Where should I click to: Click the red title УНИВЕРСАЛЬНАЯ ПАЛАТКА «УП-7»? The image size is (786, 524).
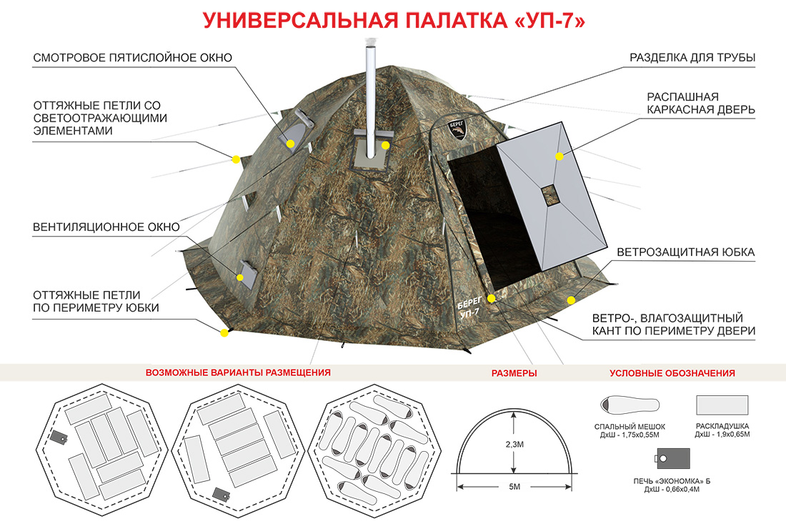[394, 21]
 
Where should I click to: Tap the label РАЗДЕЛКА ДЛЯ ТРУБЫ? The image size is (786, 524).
[692, 58]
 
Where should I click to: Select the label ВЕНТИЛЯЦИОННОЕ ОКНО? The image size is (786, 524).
[106, 227]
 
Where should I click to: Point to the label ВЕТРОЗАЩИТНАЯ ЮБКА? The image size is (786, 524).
[686, 252]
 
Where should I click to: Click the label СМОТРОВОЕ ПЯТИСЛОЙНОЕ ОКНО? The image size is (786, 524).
[133, 58]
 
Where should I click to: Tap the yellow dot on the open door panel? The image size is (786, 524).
[559, 157]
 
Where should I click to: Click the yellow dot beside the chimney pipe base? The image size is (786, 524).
[385, 145]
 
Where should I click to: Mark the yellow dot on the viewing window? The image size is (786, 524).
[290, 144]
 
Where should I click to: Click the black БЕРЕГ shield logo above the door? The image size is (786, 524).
[456, 129]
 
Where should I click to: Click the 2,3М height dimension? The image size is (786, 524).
[514, 444]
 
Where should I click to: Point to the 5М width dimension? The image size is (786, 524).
[514, 487]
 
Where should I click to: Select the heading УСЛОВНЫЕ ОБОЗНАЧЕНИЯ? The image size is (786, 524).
[672, 373]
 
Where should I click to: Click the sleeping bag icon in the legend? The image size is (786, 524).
[630, 405]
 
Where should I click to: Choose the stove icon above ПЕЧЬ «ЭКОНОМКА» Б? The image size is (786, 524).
[672, 458]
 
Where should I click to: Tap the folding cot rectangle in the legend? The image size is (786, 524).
[722, 405]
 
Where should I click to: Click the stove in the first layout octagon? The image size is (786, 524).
[59, 438]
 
